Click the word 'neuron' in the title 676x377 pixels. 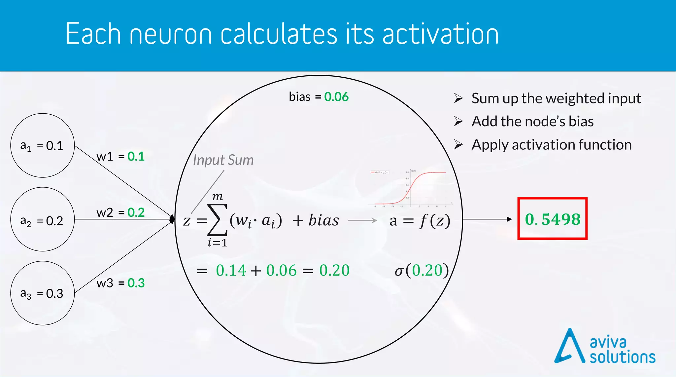click(x=171, y=34)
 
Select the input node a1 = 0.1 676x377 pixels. click(x=42, y=145)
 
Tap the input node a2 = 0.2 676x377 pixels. click(x=42, y=219)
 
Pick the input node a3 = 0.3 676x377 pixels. click(x=42, y=293)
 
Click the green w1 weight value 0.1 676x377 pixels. click(x=136, y=157)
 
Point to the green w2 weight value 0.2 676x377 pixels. click(x=136, y=212)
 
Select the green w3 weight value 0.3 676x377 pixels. click(x=136, y=283)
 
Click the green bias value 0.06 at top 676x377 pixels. click(x=336, y=97)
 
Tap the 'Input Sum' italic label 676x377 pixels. click(x=223, y=160)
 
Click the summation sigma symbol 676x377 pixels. click(x=217, y=220)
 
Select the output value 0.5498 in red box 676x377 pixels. click(x=553, y=219)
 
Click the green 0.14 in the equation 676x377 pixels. click(x=231, y=270)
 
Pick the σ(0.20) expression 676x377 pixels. click(x=422, y=270)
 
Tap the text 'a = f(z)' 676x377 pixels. click(x=420, y=221)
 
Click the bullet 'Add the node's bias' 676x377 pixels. click(x=532, y=122)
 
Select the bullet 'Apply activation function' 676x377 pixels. click(x=551, y=145)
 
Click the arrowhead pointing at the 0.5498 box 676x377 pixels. click(x=509, y=219)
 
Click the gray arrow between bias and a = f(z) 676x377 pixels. click(x=362, y=220)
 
